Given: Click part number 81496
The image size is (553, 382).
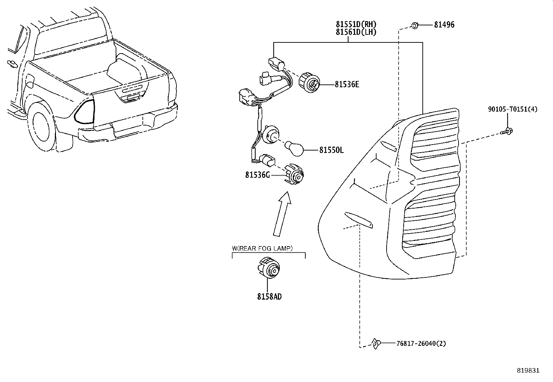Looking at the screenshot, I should (x=444, y=25).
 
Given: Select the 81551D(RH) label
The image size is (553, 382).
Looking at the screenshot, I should (x=356, y=25).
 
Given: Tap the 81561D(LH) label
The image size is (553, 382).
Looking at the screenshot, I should (x=356, y=32).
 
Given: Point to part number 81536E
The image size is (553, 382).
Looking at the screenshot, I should (x=347, y=84).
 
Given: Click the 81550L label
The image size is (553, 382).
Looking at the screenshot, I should (x=331, y=150).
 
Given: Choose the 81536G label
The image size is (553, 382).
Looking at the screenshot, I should (x=257, y=175).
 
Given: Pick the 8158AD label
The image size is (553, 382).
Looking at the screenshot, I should (x=269, y=296).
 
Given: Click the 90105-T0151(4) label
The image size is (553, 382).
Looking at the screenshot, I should (x=512, y=109).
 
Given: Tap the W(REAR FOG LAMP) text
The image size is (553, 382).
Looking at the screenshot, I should (x=262, y=248).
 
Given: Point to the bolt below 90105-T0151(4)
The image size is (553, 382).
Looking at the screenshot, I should (x=507, y=131).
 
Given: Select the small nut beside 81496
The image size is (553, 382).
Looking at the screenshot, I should (x=414, y=25).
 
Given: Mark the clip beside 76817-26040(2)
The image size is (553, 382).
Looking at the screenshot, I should (x=375, y=343).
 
